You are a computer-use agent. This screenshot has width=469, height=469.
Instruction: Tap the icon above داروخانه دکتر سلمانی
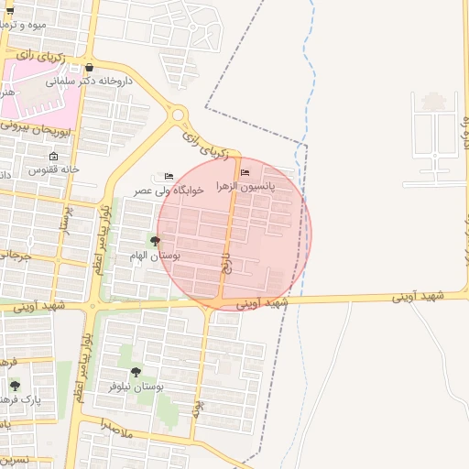point(89,68)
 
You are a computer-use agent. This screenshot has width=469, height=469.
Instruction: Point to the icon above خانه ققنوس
point(53,156)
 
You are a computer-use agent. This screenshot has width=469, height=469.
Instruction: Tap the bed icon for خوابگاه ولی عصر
point(168,176)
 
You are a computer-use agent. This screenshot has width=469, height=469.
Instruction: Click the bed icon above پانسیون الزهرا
point(244,172)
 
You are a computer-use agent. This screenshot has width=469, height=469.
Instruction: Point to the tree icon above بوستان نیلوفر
point(136,372)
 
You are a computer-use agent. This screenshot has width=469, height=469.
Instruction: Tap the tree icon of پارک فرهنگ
point(15,387)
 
